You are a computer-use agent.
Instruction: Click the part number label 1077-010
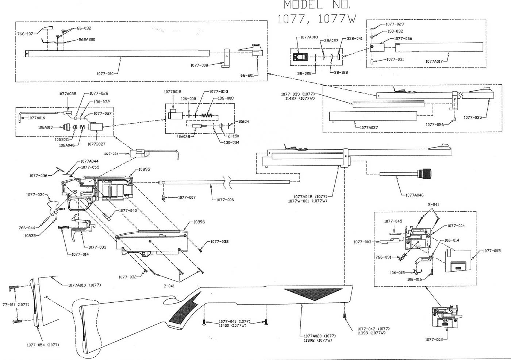tap(105, 74)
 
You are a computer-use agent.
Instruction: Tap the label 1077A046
tap(414, 195)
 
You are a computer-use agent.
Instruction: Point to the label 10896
tap(199, 222)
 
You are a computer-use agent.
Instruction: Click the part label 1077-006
tap(225, 200)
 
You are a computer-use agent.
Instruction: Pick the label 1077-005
tap(492, 251)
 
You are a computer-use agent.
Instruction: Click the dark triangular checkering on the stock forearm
tap(312, 294)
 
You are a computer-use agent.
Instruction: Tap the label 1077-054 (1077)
tap(43, 345)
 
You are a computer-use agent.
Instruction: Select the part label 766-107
tap(25, 34)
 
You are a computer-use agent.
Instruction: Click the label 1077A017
tap(434, 61)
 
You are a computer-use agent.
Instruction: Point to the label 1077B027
tap(96, 144)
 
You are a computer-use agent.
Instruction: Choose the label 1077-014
tap(80, 254)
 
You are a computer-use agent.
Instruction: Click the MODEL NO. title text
tap(317, 5)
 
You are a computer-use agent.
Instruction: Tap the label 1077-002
tap(434, 340)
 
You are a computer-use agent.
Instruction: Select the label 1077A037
tap(369, 128)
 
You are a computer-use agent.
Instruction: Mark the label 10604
tap(244, 121)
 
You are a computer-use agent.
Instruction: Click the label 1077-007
tap(187, 198)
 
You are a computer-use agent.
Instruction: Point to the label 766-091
tap(383, 257)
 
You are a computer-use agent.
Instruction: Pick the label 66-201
tap(247, 75)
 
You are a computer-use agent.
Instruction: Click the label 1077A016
tap(36, 118)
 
